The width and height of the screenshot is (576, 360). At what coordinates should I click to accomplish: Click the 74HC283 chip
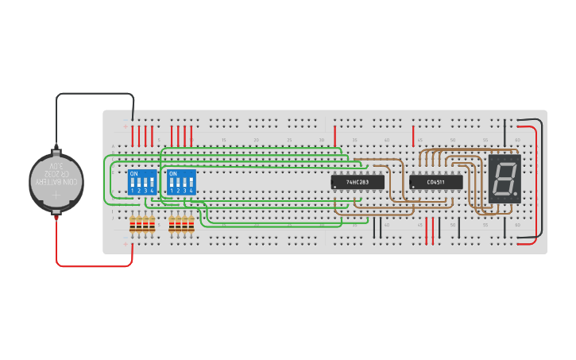(x=358, y=182)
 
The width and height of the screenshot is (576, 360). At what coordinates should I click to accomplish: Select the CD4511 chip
(x=435, y=182)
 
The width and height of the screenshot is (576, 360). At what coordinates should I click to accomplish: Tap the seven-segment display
(x=504, y=176)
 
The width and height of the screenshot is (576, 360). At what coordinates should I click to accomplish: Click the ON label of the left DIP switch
(x=133, y=173)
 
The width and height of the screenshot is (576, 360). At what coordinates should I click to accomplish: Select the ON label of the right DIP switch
(x=173, y=173)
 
